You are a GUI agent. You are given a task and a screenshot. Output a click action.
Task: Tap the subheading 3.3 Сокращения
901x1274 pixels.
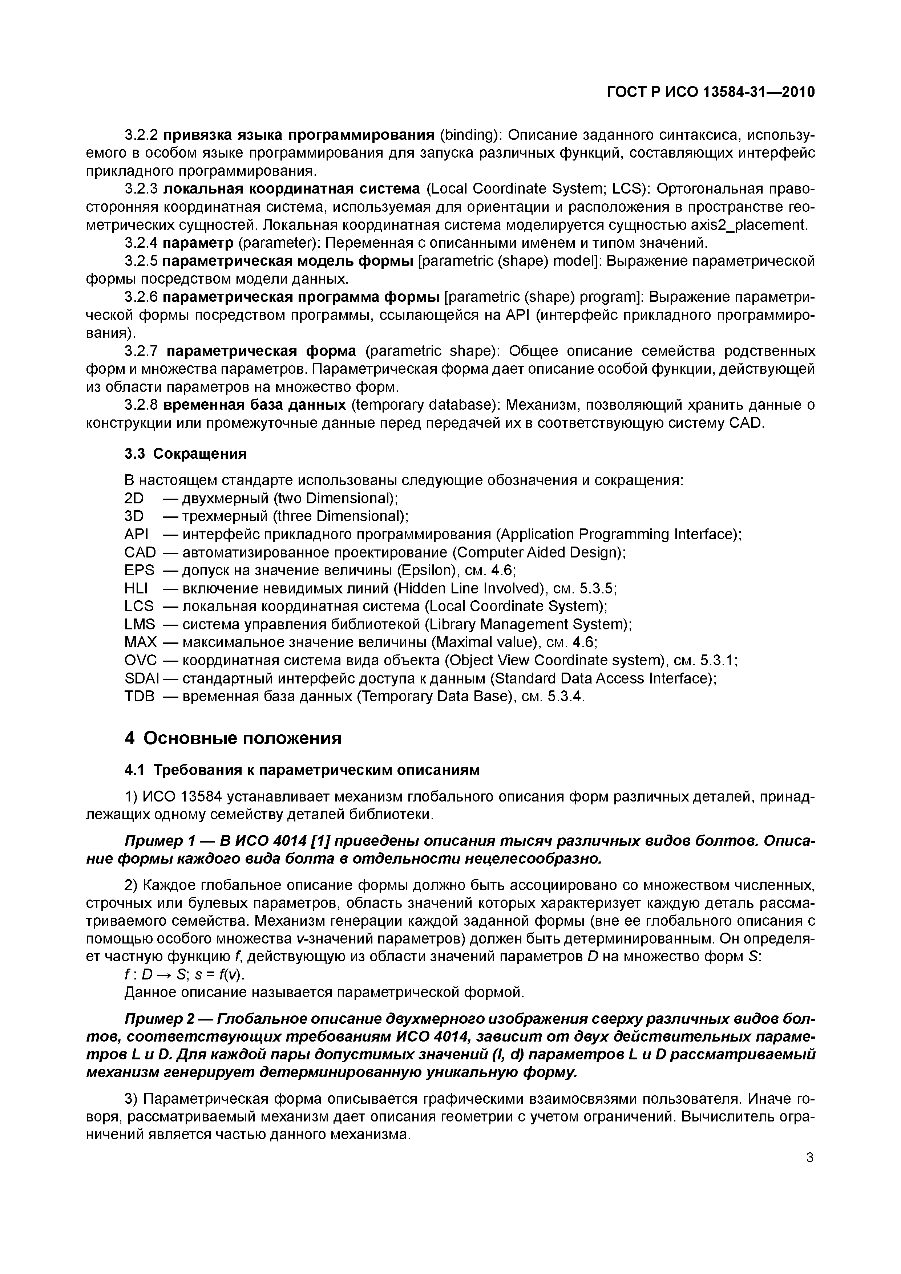[185, 454]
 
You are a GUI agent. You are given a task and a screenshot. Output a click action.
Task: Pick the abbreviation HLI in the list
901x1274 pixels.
[137, 588]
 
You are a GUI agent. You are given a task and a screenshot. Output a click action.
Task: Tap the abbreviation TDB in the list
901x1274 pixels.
[140, 696]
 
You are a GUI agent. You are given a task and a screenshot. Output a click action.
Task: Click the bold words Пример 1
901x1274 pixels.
[161, 841]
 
